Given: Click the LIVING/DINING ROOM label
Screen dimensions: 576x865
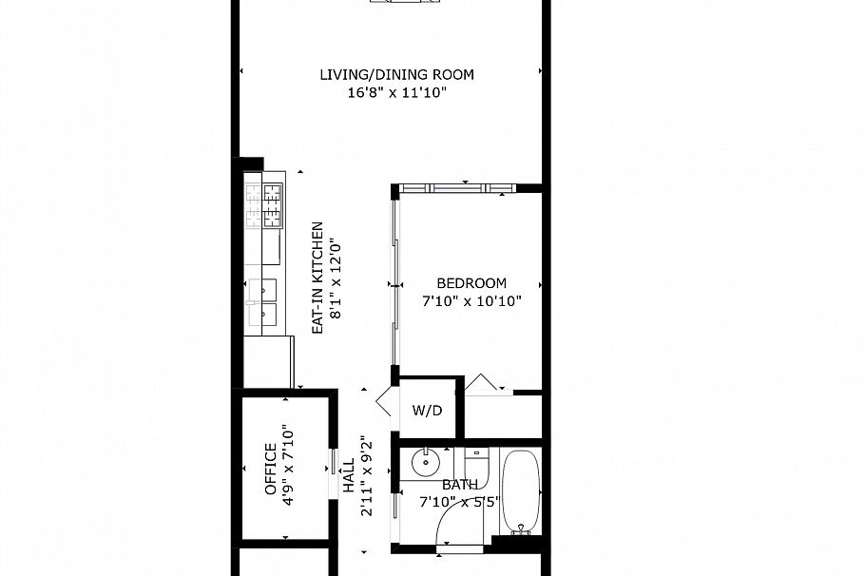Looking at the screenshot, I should (x=396, y=75).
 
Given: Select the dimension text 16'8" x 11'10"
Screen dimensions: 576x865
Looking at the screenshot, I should (x=396, y=93).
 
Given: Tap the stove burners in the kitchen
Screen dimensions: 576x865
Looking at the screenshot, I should (x=265, y=205).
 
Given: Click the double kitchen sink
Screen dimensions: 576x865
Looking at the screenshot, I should (x=262, y=301).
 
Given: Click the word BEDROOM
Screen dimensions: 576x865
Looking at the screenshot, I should (x=471, y=283).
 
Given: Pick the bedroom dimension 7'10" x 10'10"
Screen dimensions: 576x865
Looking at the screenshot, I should (x=472, y=301).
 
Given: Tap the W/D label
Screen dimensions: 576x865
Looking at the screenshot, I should (x=427, y=412).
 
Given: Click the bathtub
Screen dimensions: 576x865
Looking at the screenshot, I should (x=520, y=492).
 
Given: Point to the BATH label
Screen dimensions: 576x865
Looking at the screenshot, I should (x=460, y=485).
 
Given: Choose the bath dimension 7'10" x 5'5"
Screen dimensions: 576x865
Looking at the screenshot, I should (x=460, y=502).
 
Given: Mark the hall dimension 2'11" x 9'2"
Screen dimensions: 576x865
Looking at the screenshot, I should (x=365, y=475).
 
